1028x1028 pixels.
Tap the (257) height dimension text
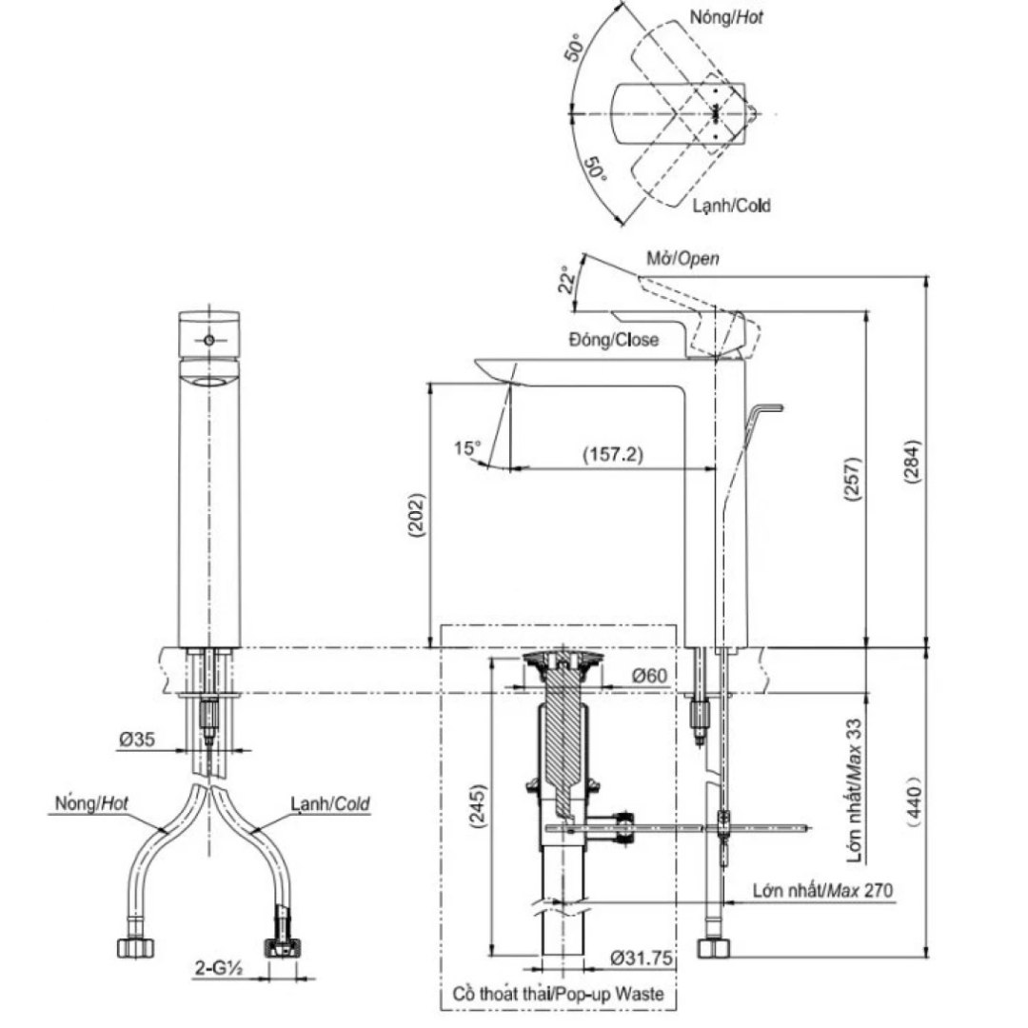coord(853,482)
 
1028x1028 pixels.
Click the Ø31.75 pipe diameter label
coord(642,959)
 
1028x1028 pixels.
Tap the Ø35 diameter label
coord(135,740)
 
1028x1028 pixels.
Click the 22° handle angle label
coord(566,280)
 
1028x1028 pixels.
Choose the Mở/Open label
coord(682,259)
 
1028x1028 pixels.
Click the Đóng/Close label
coord(613,340)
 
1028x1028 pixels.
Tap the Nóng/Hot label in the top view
coord(728,17)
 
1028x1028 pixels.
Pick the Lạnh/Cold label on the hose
coord(329,804)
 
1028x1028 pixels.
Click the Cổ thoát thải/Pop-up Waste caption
coord(559,995)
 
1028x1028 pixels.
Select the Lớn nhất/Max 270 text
coord(822,891)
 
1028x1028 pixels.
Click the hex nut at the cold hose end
coord(286,947)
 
